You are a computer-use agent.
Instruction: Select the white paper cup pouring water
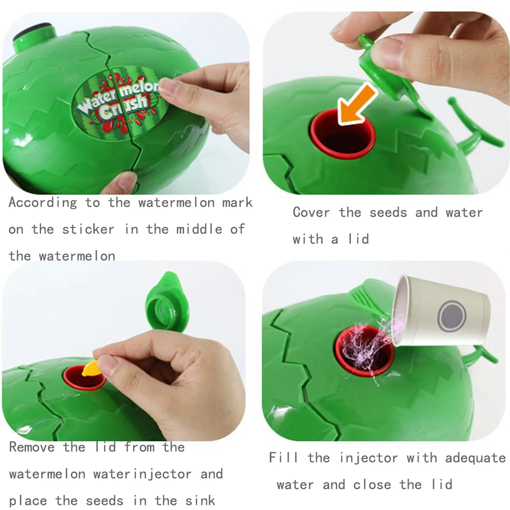[x=442, y=311]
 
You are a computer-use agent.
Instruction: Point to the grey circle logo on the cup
[x=452, y=315]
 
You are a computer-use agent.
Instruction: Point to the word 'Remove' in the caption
[x=32, y=447]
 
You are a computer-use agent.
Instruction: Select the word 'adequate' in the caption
[x=475, y=457]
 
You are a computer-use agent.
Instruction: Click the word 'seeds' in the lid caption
[x=388, y=212]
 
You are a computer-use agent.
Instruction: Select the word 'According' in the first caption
[x=42, y=202]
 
